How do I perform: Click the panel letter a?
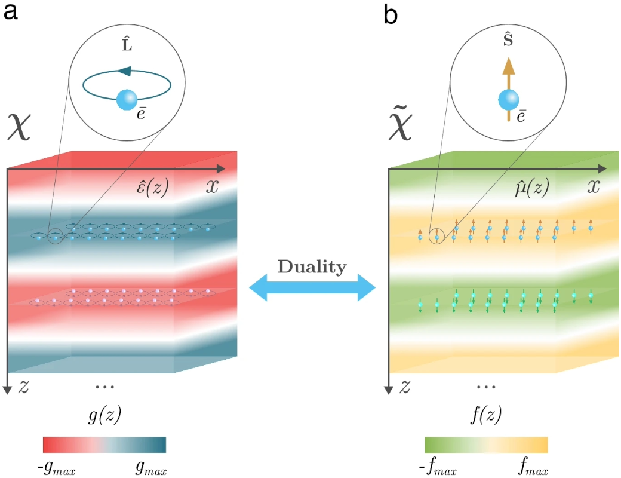pyautogui.click(x=10, y=11)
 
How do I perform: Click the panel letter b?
pyautogui.click(x=391, y=14)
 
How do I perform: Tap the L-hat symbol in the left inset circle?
pyautogui.click(x=127, y=43)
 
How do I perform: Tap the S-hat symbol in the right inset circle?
pyautogui.click(x=508, y=39)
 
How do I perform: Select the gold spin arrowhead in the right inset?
pyautogui.click(x=509, y=66)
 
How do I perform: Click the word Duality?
pyautogui.click(x=312, y=266)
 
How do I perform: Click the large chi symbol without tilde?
pyautogui.click(x=19, y=125)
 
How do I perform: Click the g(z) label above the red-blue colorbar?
pyautogui.click(x=104, y=414)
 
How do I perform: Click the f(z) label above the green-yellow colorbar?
pyautogui.click(x=486, y=414)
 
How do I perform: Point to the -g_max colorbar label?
pyautogui.click(x=57, y=468)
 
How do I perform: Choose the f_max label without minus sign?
pyautogui.click(x=533, y=466)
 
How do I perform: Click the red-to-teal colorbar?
pyautogui.click(x=104, y=445)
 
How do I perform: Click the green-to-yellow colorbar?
pyautogui.click(x=486, y=445)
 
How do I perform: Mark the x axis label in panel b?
pyautogui.click(x=594, y=185)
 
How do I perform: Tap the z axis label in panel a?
pyautogui.click(x=24, y=386)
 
